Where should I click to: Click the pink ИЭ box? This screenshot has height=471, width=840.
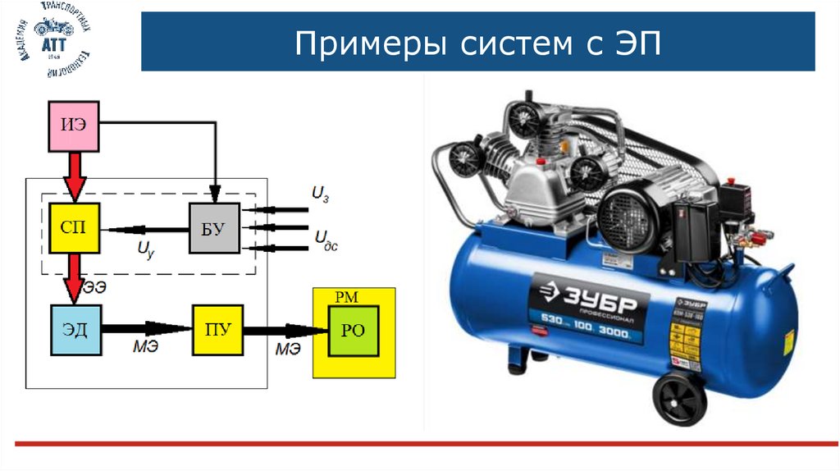[x=75, y=126]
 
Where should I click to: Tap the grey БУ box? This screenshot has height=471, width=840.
[x=214, y=228]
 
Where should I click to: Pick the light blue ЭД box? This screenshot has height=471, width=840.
[x=75, y=330]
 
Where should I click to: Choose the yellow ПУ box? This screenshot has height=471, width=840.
[x=217, y=330]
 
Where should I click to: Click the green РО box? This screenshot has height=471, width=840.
[x=354, y=330]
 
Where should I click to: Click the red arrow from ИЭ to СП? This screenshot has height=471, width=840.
[x=75, y=176]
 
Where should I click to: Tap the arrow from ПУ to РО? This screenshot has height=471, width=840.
[x=285, y=331]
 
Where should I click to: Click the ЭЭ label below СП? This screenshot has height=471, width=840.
[x=94, y=287]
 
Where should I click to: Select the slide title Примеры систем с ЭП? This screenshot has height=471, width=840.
[x=477, y=42]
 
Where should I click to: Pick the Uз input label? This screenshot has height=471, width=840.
[x=321, y=194]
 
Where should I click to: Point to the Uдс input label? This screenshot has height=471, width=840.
[x=326, y=239]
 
